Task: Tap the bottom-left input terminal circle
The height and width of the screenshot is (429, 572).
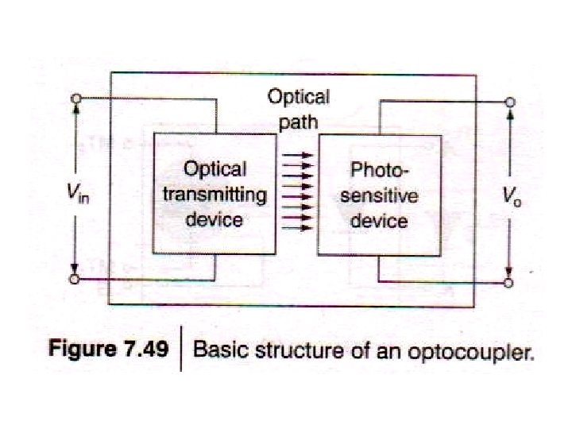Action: click(75, 280)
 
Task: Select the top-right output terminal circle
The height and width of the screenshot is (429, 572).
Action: click(511, 102)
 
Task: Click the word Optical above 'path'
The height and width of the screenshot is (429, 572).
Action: click(298, 98)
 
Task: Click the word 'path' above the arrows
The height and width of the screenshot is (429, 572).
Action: click(298, 122)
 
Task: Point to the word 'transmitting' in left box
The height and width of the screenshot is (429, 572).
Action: click(214, 194)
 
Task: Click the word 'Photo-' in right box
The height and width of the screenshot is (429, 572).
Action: click(378, 170)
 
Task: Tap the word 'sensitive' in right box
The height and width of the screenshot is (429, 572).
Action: click(379, 195)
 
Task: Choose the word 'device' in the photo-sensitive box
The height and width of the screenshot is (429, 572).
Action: click(379, 219)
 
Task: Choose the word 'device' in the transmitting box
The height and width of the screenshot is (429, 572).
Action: click(214, 218)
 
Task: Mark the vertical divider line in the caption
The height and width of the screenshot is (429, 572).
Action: click(182, 350)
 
